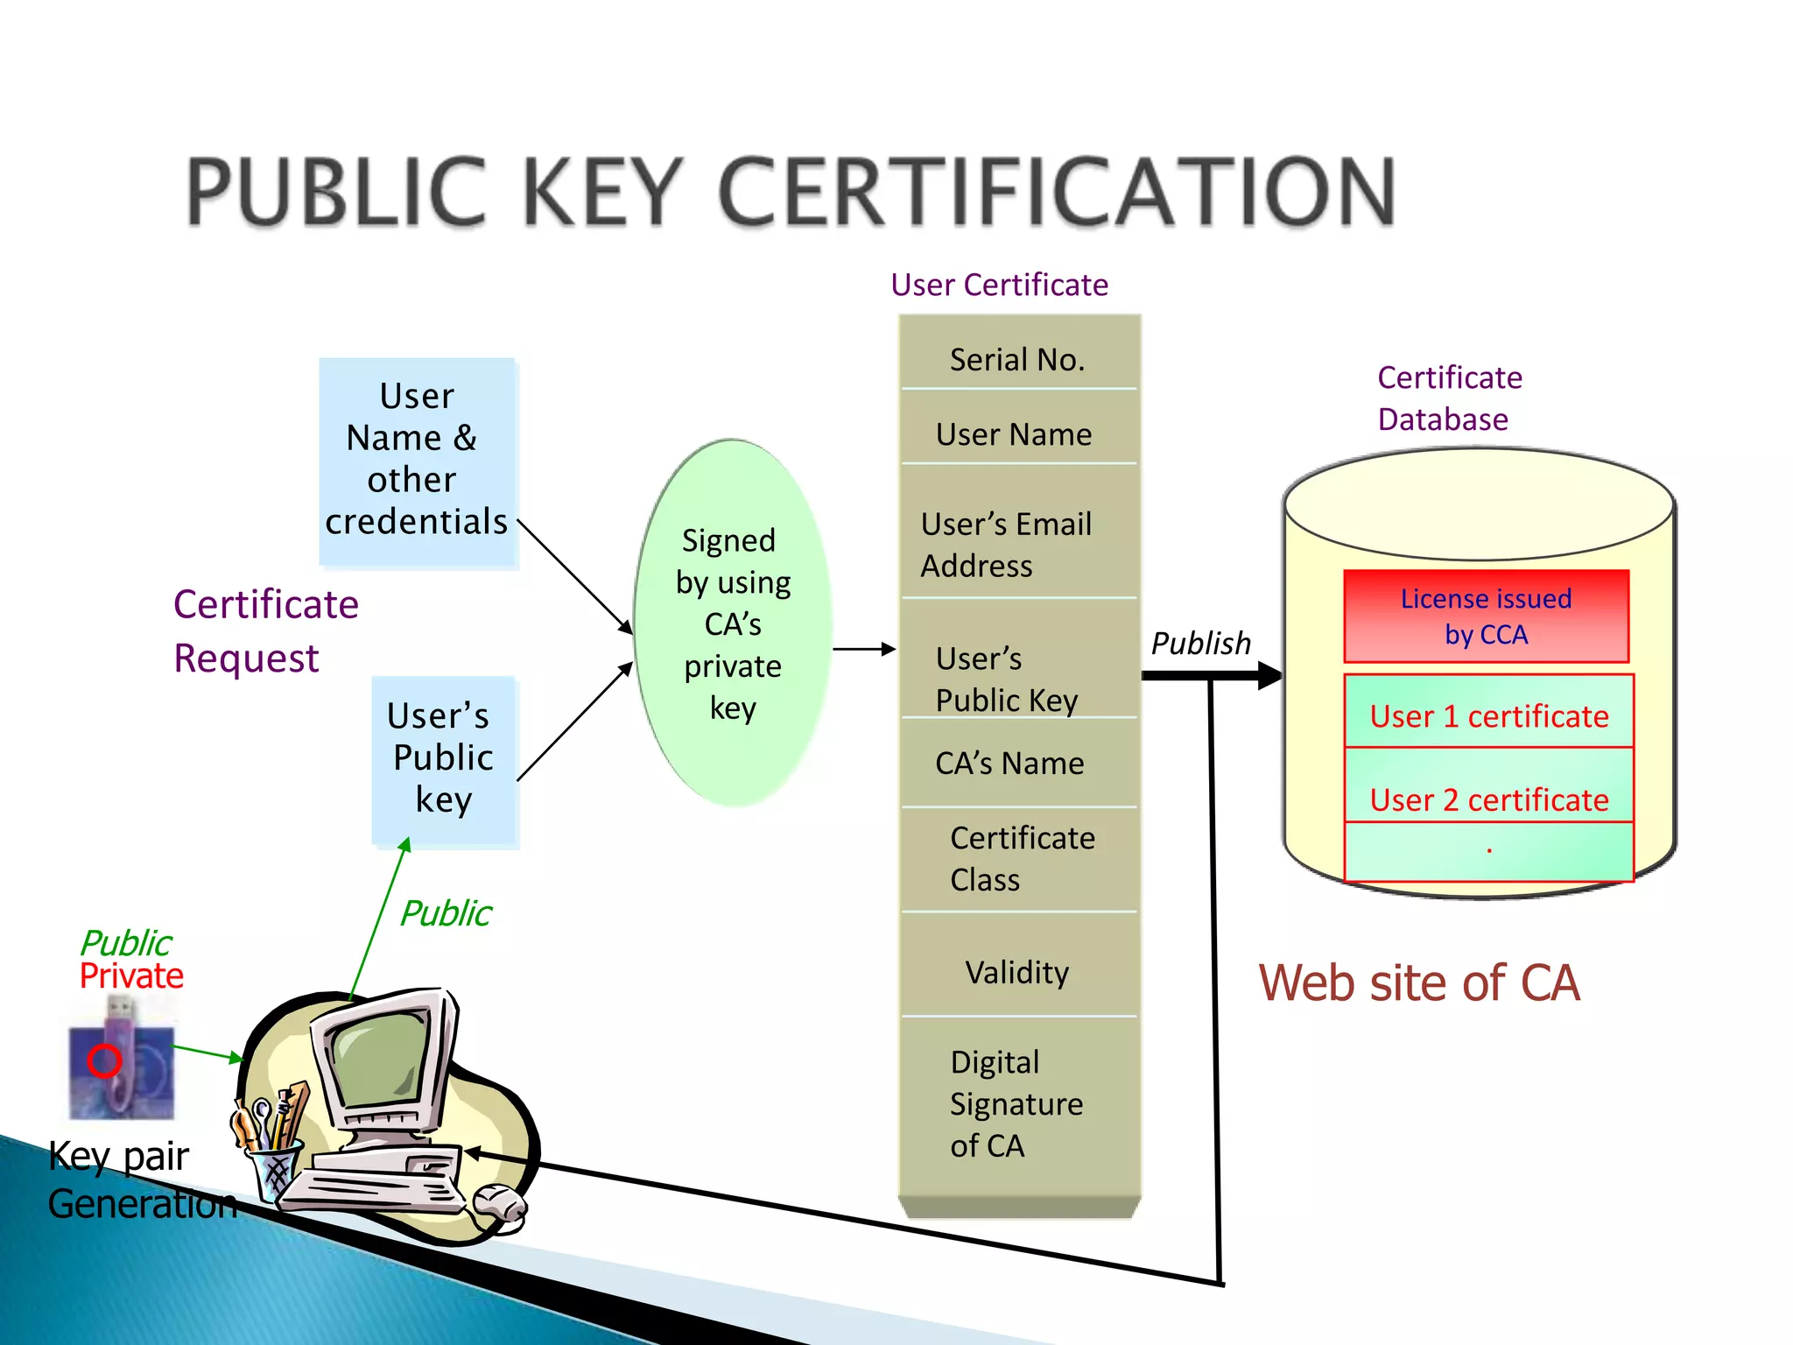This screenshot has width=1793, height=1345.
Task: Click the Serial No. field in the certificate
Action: [x=1017, y=359]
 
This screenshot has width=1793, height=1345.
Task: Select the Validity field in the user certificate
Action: [x=1017, y=972]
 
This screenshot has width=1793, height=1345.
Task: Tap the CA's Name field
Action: [x=1009, y=763]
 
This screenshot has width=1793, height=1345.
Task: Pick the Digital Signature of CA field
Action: [x=1016, y=1103]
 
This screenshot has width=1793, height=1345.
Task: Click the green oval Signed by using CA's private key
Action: [x=733, y=623]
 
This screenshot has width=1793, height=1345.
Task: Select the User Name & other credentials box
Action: [x=418, y=460]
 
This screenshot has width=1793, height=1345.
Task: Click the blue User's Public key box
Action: [x=444, y=758]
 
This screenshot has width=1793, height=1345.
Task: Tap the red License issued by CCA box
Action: [x=1486, y=616]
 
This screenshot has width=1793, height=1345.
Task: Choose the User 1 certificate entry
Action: [x=1488, y=715]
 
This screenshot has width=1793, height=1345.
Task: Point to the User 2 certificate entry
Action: [x=1488, y=799]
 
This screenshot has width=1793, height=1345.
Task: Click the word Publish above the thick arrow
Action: [x=1200, y=644]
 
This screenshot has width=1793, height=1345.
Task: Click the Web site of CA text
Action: [x=1418, y=982]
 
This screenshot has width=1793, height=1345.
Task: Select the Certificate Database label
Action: [x=1449, y=398]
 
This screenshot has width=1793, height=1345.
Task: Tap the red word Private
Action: [x=131, y=976]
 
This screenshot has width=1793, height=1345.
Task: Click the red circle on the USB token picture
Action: [x=104, y=1060]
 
